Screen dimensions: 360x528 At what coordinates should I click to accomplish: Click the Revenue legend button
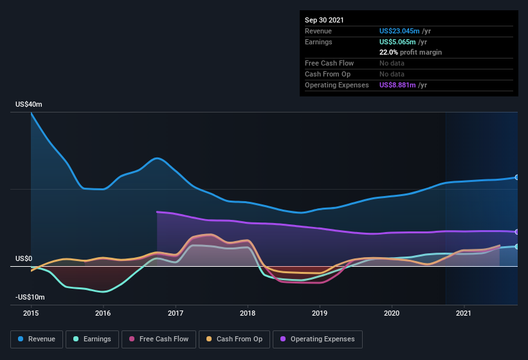37,339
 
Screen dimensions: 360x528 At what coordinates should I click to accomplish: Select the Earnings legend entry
92,339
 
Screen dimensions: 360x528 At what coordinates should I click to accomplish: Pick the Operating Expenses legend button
317,339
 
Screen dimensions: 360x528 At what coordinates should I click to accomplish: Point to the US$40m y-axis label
29,104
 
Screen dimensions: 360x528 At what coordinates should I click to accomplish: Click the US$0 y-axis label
24,258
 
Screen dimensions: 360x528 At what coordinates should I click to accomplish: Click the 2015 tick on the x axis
31,313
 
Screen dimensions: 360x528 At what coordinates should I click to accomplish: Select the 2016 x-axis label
103,313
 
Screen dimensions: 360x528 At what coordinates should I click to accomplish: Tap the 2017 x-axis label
175,313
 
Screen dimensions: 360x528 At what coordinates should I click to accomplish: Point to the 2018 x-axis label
248,313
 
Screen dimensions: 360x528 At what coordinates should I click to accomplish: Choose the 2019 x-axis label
320,313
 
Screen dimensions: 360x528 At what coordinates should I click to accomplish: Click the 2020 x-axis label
392,313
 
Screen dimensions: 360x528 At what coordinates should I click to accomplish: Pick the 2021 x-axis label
464,313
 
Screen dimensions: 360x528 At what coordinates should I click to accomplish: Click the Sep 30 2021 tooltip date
324,20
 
